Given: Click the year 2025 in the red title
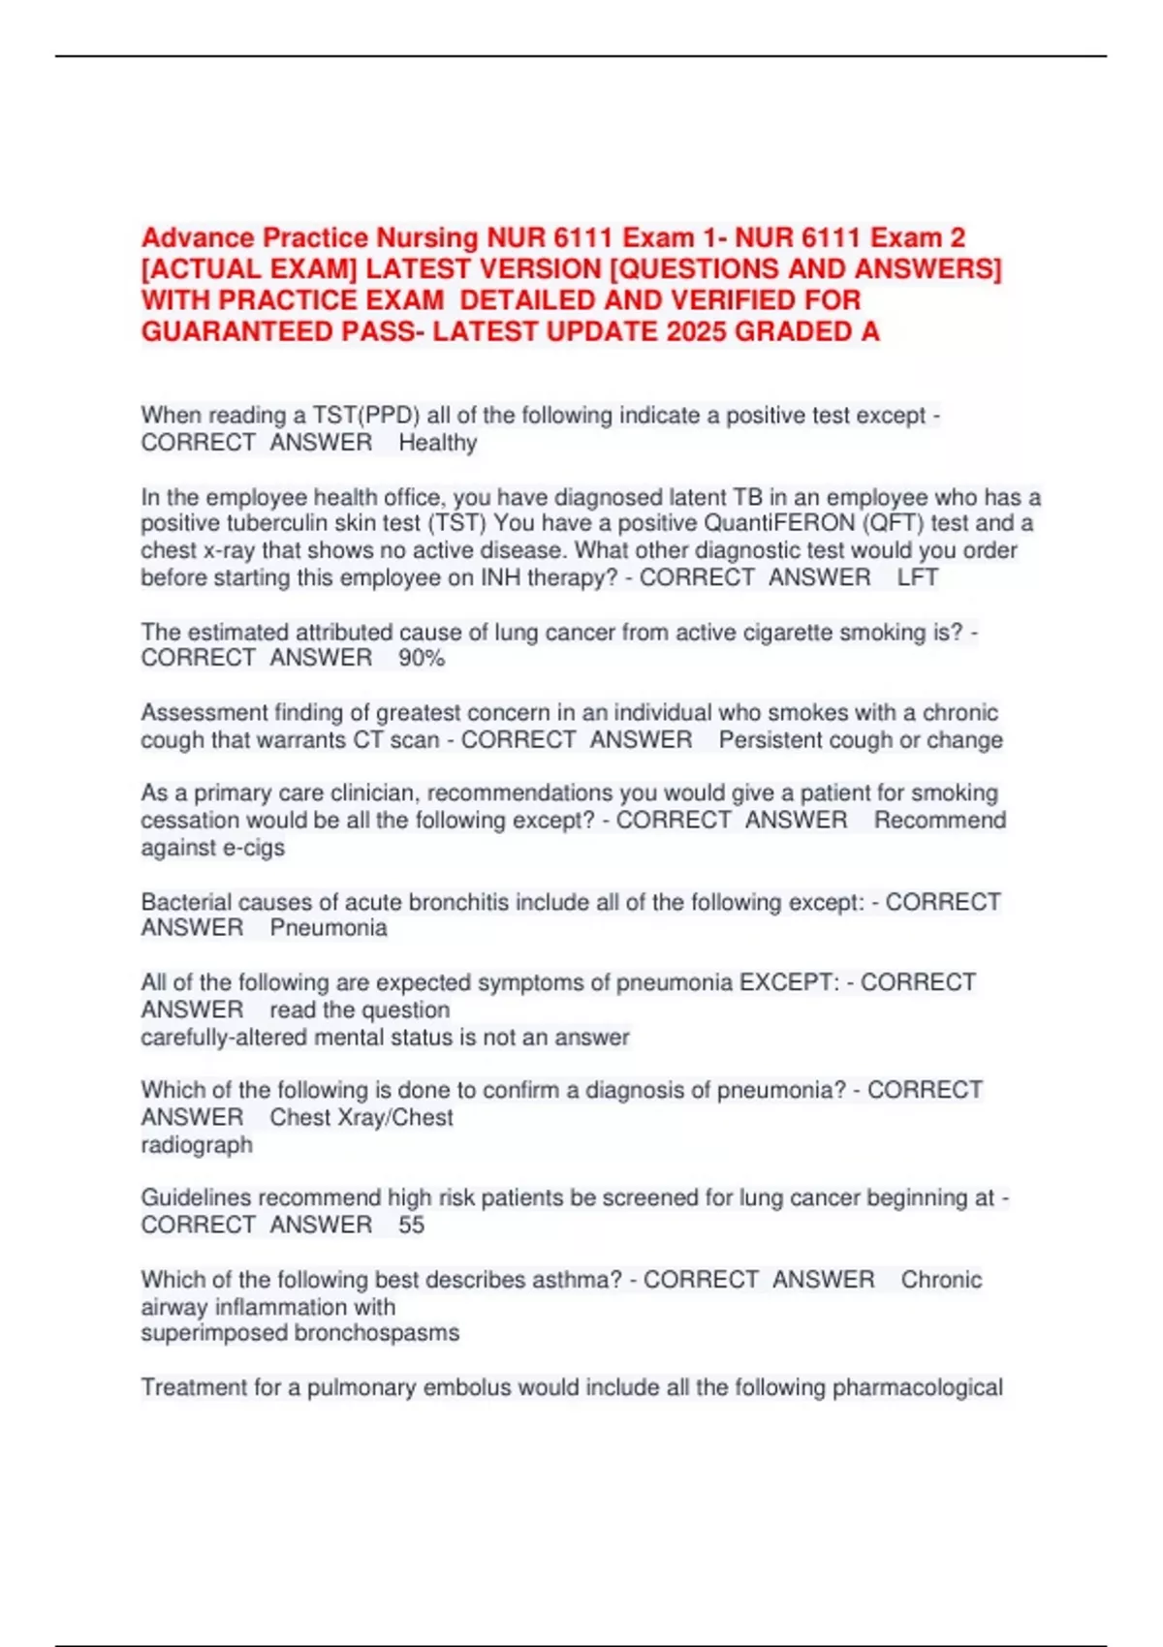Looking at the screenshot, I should [x=697, y=332].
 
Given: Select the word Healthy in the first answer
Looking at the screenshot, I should [x=438, y=444].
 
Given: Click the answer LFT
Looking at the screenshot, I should [x=917, y=578].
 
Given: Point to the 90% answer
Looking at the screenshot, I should [x=422, y=659].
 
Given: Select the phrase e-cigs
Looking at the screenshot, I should [x=254, y=848].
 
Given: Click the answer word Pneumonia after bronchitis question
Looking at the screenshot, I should [x=329, y=928].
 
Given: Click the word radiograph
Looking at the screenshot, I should [x=197, y=1145].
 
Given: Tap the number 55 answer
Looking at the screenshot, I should [x=411, y=1226].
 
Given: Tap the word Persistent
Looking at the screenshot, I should [x=774, y=740].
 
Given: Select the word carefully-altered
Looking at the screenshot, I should [x=223, y=1038].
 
